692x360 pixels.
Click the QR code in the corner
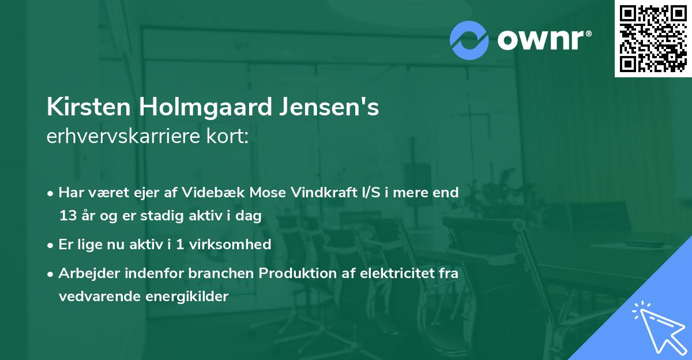click(x=653, y=39)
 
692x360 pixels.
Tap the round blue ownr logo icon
click(x=469, y=40)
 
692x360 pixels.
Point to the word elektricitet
click(x=390, y=273)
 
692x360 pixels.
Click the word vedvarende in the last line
click(x=96, y=297)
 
